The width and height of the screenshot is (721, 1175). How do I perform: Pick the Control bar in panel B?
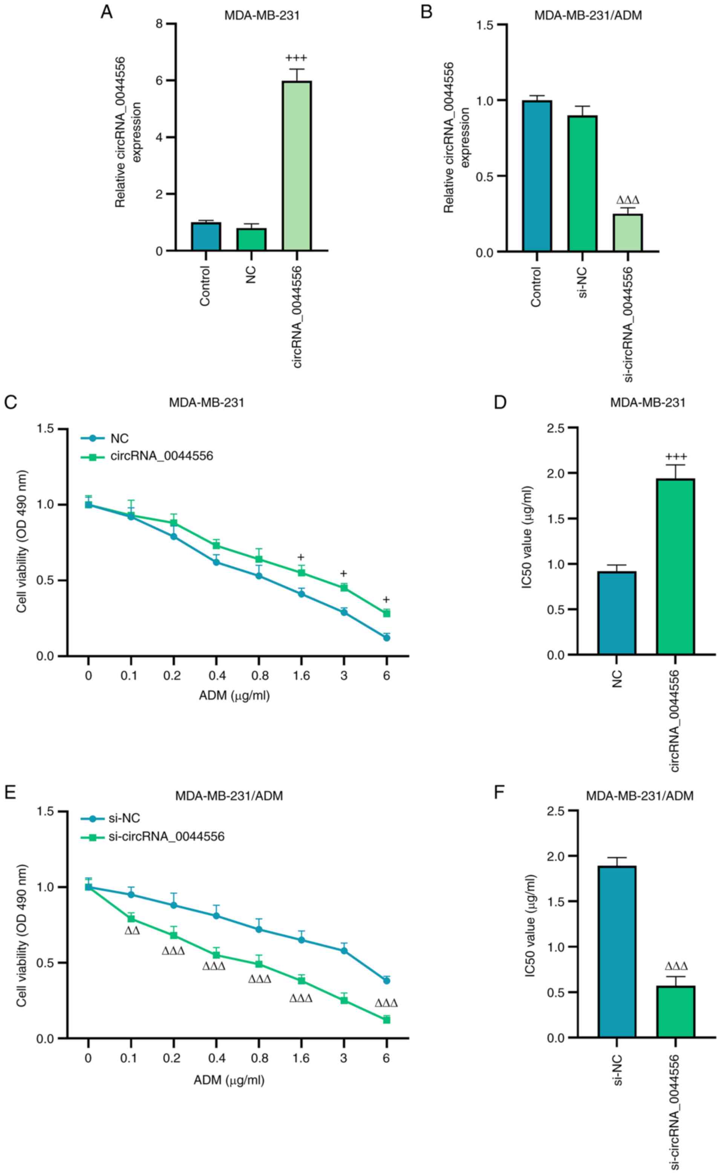coord(537,176)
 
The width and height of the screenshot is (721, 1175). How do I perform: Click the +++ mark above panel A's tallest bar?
coord(297,59)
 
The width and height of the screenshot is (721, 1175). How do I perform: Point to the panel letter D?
coord(501,402)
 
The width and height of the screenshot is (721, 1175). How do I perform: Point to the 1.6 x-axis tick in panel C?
coord(301,676)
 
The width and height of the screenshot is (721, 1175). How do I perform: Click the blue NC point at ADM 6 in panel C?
coord(386,638)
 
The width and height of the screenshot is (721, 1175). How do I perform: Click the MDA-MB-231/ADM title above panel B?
coord(588,15)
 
